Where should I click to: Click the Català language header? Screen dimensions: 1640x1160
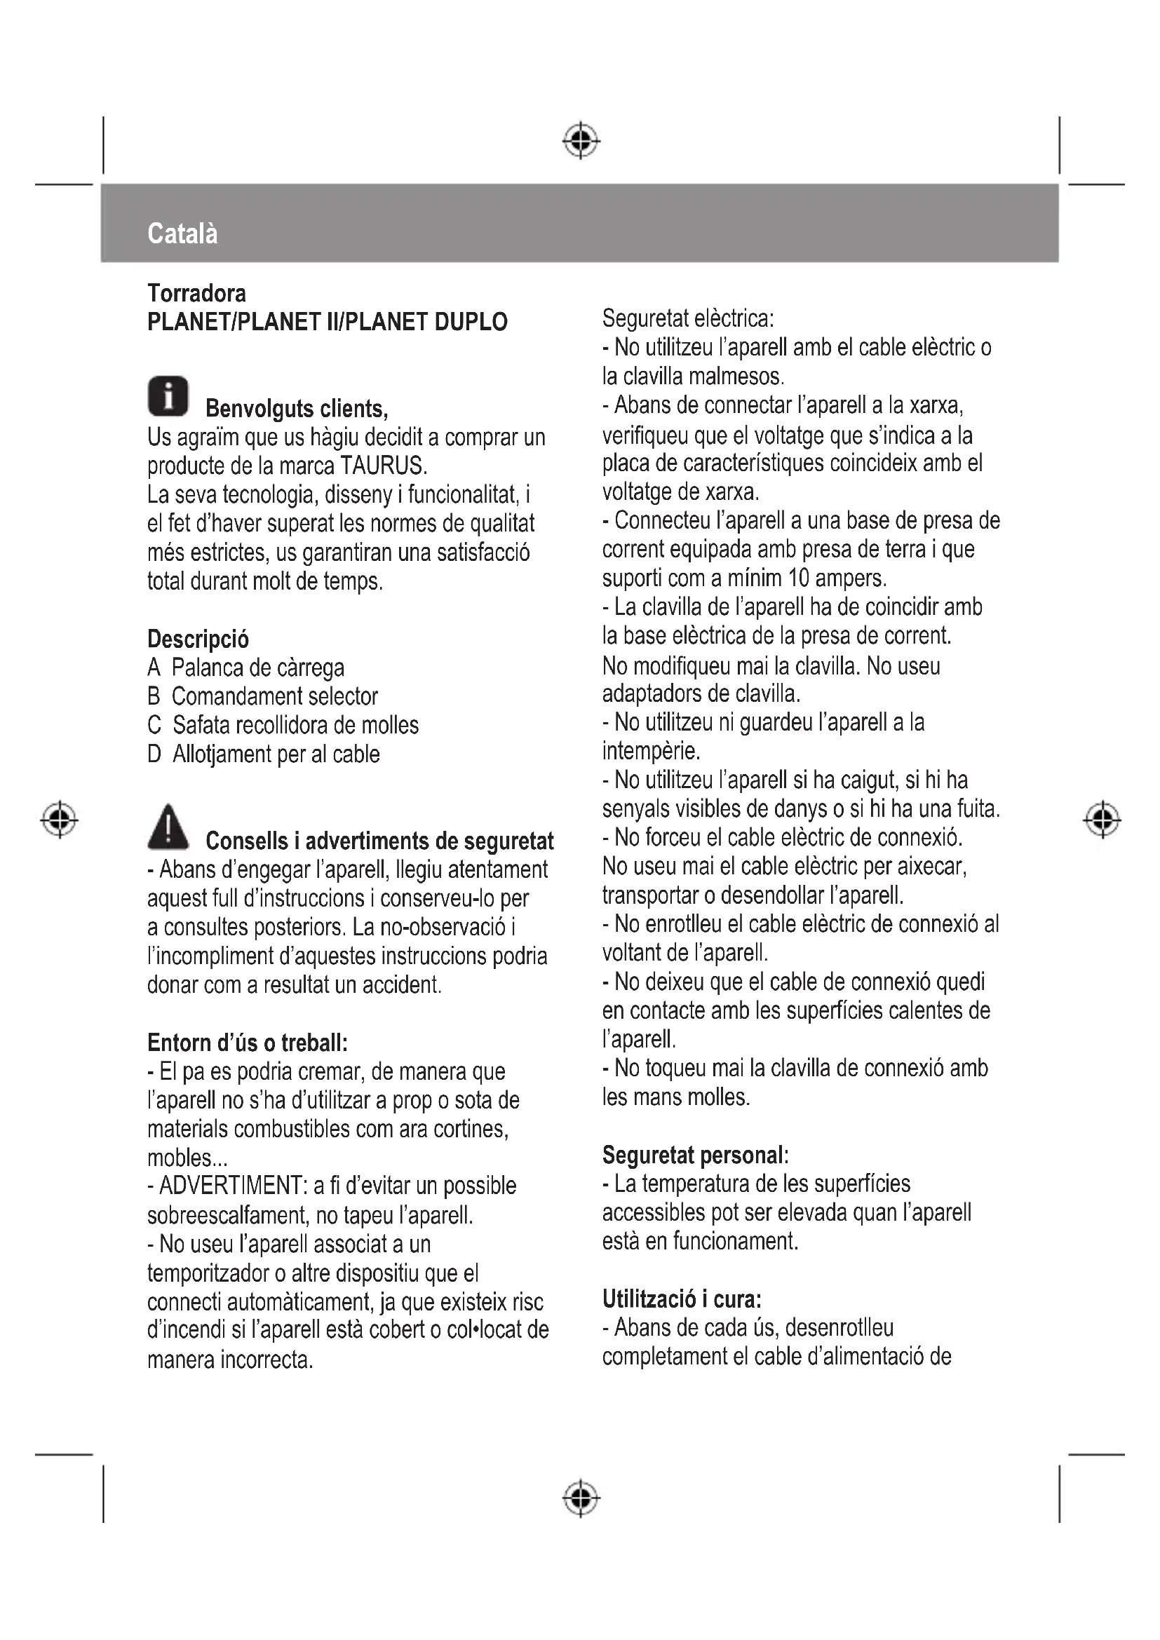pyautogui.click(x=182, y=233)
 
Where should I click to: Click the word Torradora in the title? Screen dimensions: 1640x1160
pyautogui.click(x=196, y=293)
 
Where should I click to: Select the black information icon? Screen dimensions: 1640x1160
pyautogui.click(x=168, y=395)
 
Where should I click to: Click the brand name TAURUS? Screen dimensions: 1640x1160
pyautogui.click(x=383, y=466)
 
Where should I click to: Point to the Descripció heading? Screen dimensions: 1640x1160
pyautogui.click(x=198, y=639)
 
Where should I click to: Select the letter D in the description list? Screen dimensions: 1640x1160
pyautogui.click(x=154, y=754)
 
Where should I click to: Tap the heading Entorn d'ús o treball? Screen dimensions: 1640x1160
pyautogui.click(x=247, y=1043)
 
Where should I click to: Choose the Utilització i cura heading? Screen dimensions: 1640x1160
pyautogui.click(x=682, y=1299)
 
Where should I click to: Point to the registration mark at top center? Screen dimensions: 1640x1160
pyautogui.click(x=581, y=141)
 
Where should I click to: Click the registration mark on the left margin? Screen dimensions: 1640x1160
pyautogui.click(x=60, y=818)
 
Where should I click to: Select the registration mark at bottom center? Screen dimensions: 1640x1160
pyautogui.click(x=581, y=1497)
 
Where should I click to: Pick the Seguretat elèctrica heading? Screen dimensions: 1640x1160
pyautogui.click(x=688, y=318)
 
